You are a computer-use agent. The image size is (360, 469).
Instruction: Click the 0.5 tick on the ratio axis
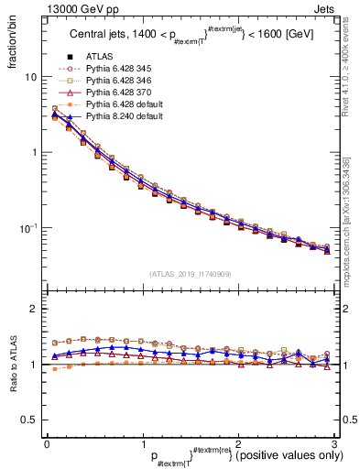(x=30, y=420)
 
